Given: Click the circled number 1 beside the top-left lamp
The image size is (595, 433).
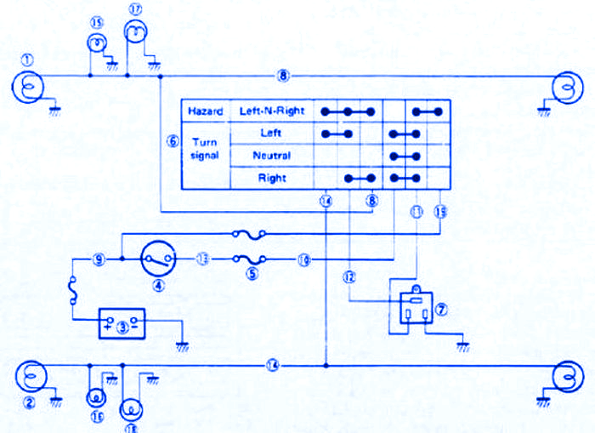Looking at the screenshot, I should [27, 60].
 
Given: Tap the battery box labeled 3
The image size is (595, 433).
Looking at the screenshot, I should [122, 323].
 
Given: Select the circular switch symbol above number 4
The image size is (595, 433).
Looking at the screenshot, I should [158, 256].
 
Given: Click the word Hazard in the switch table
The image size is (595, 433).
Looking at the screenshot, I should [205, 111].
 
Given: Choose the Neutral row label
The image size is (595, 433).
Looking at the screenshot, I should [271, 156].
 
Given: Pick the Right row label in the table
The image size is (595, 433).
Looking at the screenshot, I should [271, 178].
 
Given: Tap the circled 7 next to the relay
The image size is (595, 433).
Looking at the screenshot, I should [439, 311].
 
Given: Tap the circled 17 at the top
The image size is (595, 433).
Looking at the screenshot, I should [134, 9].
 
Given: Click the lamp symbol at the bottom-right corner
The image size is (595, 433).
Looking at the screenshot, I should [565, 375].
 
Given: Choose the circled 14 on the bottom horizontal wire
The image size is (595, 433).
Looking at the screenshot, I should [272, 366].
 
